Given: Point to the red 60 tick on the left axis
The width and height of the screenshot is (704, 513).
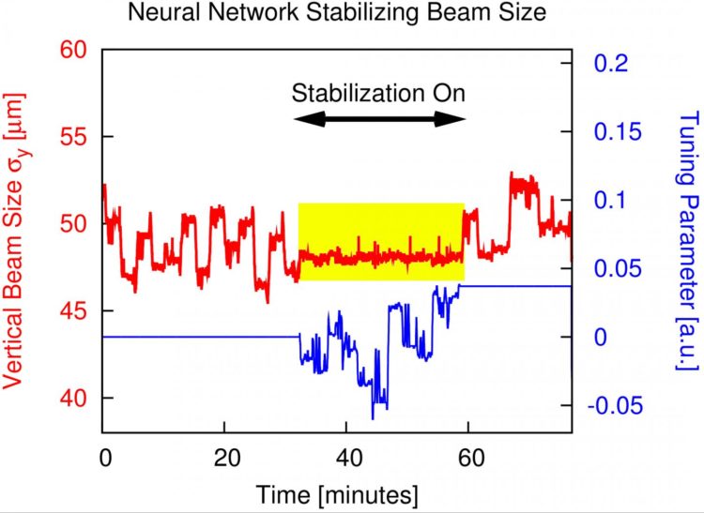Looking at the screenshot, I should [72, 49].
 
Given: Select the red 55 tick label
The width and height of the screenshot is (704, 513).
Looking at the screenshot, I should [72, 136].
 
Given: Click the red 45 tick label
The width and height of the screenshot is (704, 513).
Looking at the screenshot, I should [72, 310].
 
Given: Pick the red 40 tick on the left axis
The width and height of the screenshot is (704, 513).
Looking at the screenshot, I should [72, 398].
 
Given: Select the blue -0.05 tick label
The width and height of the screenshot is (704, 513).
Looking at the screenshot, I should [615, 406].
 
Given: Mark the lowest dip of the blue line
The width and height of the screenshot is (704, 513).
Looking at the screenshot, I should [373, 417].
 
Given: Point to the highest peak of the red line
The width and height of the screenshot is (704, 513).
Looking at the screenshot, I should [511, 174].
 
